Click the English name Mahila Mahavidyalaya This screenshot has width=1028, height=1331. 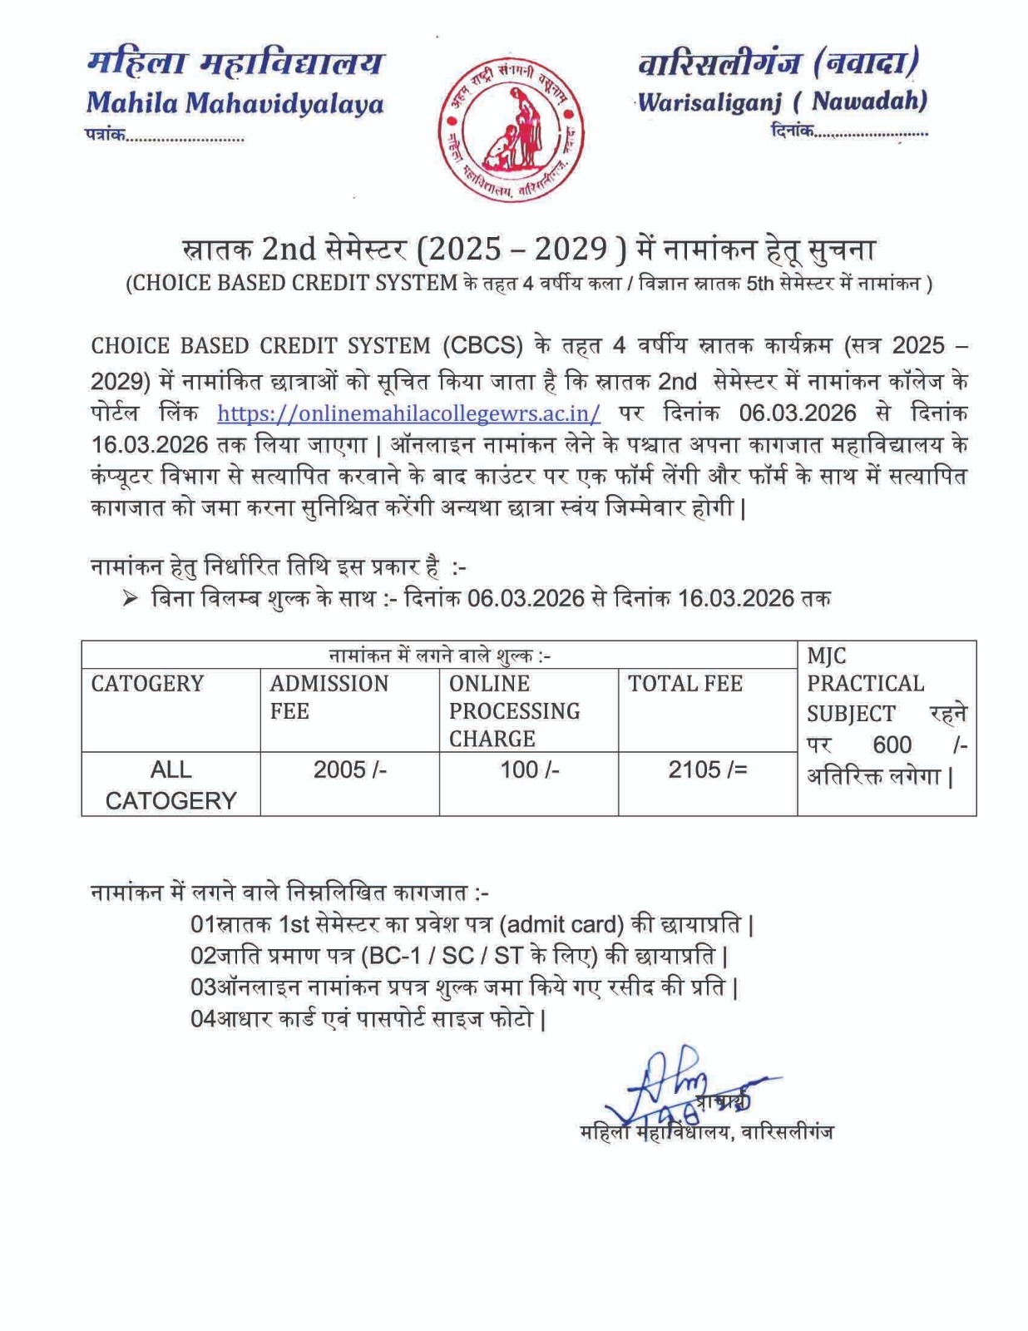[235, 103]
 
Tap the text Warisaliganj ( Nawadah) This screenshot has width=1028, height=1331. [782, 101]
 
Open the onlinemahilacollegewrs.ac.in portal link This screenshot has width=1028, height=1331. [408, 413]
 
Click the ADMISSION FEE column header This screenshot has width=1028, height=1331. [329, 697]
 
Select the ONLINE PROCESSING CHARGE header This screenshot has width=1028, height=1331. [514, 710]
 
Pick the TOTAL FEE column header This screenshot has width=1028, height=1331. [685, 684]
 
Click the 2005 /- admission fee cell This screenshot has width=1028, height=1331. [349, 769]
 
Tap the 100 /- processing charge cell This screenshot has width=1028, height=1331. [529, 769]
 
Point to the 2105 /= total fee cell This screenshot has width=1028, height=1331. [707, 769]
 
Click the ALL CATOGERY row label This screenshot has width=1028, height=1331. [171, 784]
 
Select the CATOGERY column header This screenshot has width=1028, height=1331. [147, 684]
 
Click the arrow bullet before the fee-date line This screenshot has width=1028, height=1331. [130, 598]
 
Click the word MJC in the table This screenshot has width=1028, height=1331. [826, 656]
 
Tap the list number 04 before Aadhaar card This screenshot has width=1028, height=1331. [203, 1019]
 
